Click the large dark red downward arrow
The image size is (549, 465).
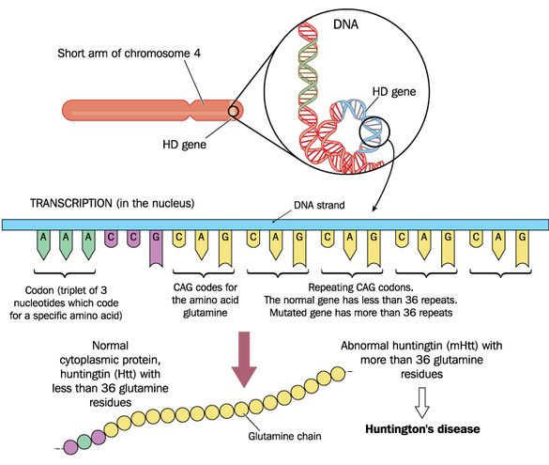tap(244, 359)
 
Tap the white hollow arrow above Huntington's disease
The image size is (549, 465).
tap(422, 402)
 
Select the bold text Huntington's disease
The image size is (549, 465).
tap(422, 429)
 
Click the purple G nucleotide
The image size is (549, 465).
tap(156, 248)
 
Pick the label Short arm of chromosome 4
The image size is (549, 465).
tap(129, 54)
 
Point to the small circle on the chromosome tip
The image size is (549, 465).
tap(234, 112)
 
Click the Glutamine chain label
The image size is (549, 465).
tap(284, 436)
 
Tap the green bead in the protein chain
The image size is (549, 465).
tap(84, 442)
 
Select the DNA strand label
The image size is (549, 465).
tap(319, 205)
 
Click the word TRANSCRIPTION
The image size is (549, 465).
tap(71, 203)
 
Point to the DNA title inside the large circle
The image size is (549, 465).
tap(345, 24)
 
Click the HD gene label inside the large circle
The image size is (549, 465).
tap(394, 92)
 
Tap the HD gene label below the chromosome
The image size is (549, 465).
tap(185, 145)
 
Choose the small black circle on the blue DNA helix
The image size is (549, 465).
tap(374, 132)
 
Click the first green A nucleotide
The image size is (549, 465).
tap(43, 244)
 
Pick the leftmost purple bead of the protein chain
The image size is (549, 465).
tap(69, 447)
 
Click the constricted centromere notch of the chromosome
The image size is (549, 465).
tap(191, 110)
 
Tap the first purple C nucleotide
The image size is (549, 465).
tap(111, 239)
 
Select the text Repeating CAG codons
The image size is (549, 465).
tap(360, 287)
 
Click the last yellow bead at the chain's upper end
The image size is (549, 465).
tap(338, 374)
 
